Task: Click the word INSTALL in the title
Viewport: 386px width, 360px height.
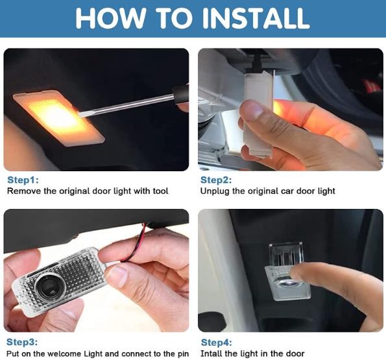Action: (256, 18)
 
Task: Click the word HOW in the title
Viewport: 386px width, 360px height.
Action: (110, 18)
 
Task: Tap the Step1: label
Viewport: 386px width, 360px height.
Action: (23, 180)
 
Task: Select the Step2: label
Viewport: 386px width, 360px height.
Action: (216, 180)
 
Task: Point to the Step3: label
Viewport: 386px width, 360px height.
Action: (22, 342)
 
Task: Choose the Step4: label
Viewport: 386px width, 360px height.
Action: (217, 342)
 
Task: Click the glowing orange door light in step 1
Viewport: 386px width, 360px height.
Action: (59, 118)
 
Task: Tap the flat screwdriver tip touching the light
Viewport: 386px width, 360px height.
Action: (82, 114)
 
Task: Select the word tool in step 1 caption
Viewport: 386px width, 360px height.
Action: (160, 191)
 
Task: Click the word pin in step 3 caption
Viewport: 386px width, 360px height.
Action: (183, 354)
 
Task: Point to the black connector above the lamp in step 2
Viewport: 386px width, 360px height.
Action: (258, 62)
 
